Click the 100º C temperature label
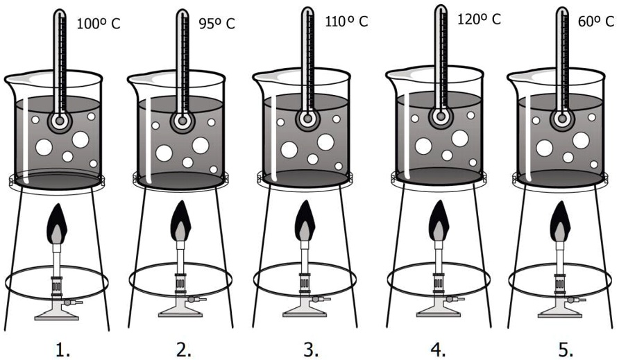pos(99,24)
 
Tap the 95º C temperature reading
pos(217,24)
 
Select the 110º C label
pos(346,22)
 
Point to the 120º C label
pos(479,19)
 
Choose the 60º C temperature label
pos(596,22)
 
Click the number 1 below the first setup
pos(62,350)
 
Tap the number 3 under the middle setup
pos(311,350)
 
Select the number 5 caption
pos(566,350)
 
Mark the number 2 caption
pos(184,350)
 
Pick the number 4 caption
pos(438,350)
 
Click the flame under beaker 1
pos(57,224)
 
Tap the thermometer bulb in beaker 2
pos(183,120)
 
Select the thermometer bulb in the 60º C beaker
pos(561,118)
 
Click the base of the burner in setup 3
pos(305,311)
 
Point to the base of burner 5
pos(560,311)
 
